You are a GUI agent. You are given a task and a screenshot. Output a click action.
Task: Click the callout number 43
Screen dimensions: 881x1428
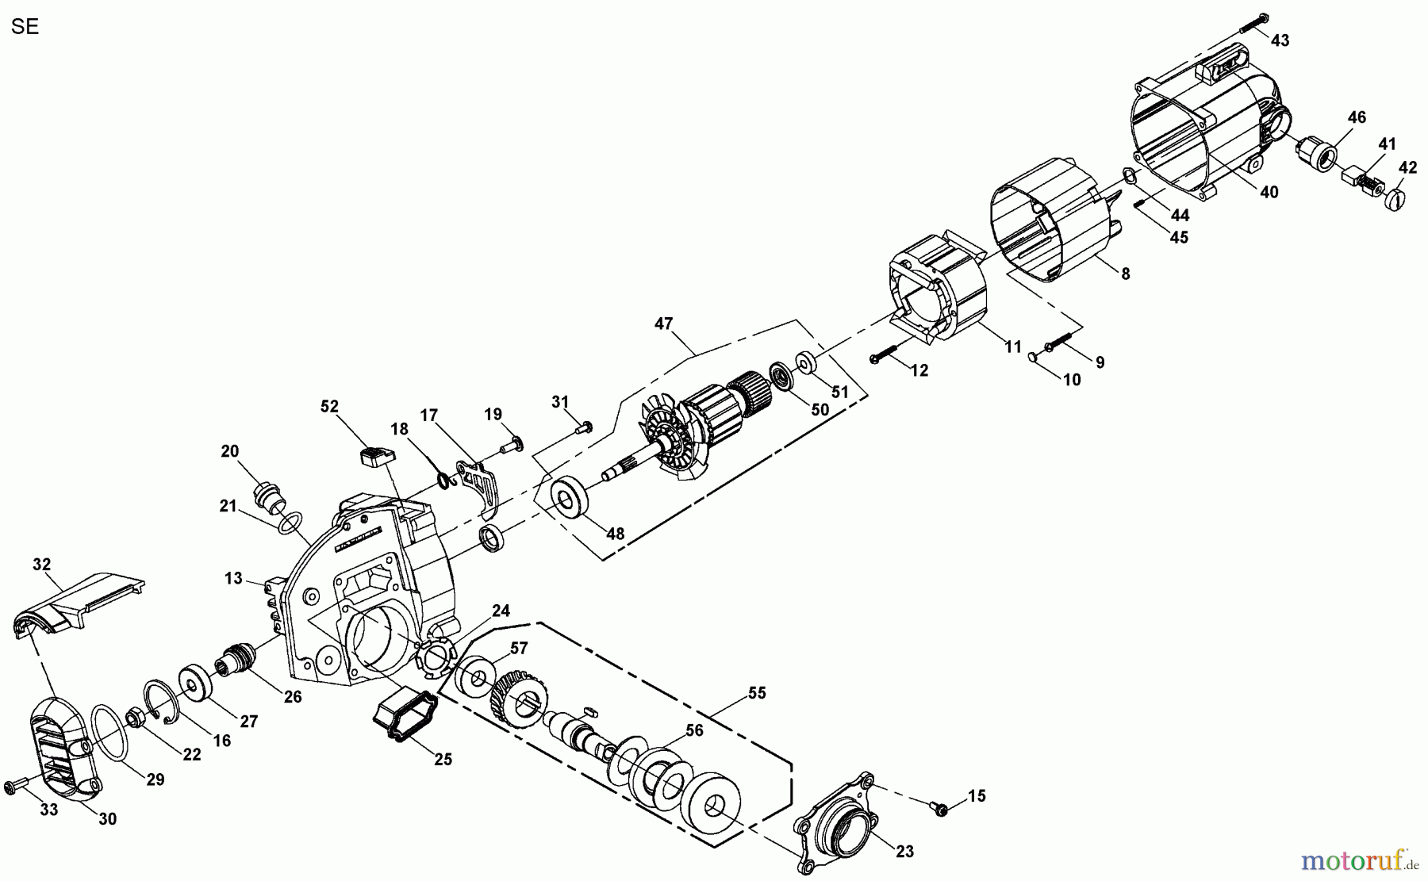click(x=1280, y=40)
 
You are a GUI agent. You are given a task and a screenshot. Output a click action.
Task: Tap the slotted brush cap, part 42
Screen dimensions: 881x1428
click(x=1399, y=197)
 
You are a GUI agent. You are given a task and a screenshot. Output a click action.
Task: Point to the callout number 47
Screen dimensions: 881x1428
click(x=663, y=324)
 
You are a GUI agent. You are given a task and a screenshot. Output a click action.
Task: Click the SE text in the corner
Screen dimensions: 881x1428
click(x=25, y=26)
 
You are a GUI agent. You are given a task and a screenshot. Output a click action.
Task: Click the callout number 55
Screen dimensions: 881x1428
click(x=757, y=693)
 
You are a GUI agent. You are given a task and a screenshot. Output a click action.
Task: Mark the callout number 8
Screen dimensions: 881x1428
click(x=1125, y=274)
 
